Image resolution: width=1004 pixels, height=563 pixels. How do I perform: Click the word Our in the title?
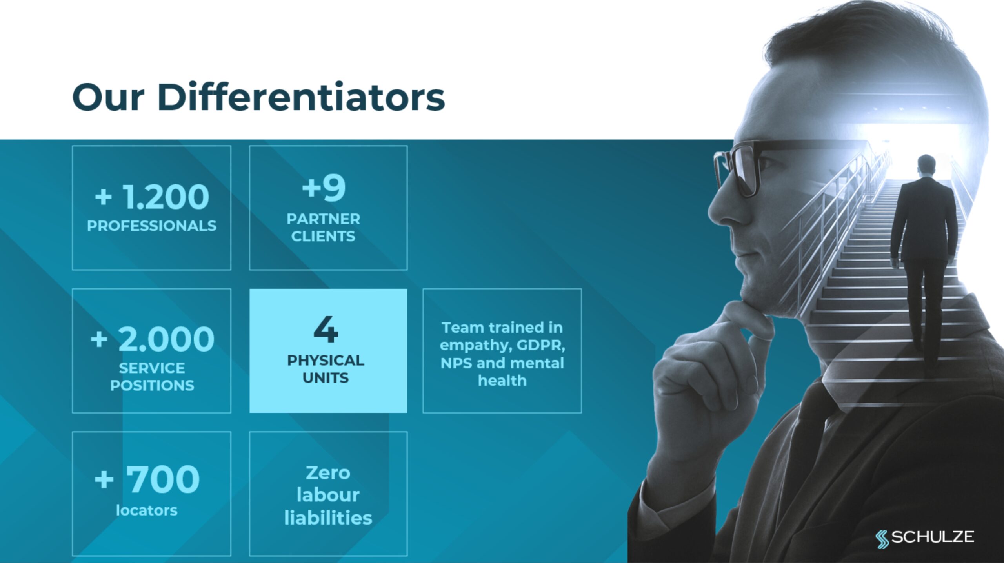[x=108, y=97]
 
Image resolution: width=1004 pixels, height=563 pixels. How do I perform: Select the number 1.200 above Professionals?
[x=166, y=197]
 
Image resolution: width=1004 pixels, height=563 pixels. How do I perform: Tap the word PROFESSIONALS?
[x=152, y=226]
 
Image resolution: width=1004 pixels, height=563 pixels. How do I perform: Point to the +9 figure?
[x=324, y=188]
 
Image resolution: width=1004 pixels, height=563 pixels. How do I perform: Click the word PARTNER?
[x=323, y=219]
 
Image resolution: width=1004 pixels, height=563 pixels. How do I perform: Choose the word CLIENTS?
[x=323, y=236]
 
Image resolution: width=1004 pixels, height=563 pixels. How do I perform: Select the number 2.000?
[x=166, y=339]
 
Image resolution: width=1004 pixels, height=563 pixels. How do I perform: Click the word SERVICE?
[x=152, y=368]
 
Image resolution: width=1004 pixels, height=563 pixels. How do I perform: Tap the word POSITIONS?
[x=152, y=385]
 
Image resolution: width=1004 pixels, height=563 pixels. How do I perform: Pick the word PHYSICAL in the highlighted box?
[x=326, y=360]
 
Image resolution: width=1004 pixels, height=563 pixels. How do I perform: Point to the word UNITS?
[x=326, y=377]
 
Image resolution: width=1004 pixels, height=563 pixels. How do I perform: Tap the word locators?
[x=147, y=510]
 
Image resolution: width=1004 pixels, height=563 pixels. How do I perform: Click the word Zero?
[x=328, y=473]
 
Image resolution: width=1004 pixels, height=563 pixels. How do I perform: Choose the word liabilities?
[x=328, y=517]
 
